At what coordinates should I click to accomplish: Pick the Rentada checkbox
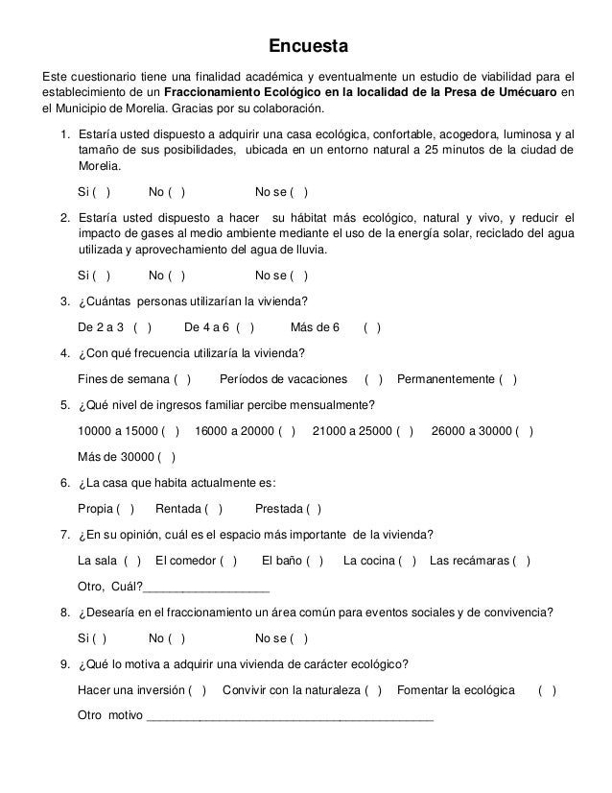click(214, 509)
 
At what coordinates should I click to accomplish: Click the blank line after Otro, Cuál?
click(206, 589)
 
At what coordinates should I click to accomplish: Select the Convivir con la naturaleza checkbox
click(373, 689)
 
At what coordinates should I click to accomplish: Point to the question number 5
click(64, 403)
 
